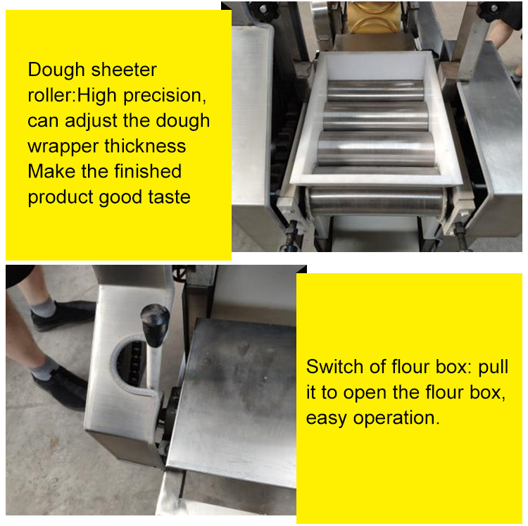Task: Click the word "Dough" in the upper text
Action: pyautogui.click(x=56, y=70)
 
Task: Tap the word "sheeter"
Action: pyautogui.click(x=124, y=70)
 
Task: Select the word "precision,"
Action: pyautogui.click(x=165, y=96)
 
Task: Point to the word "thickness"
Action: pyautogui.click(x=145, y=146)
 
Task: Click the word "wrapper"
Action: pyautogui.click(x=63, y=147)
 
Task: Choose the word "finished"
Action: pyautogui.click(x=148, y=171)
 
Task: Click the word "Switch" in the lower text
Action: pyautogui.click(x=334, y=366)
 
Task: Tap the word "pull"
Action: pyautogui.click(x=494, y=368)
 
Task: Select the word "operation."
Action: pyautogui.click(x=396, y=418)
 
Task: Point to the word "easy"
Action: pyautogui.click(x=326, y=419)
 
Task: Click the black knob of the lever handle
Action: pyautogui.click(x=155, y=325)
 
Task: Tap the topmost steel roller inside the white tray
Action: pyautogui.click(x=375, y=90)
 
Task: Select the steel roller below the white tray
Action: pyautogui.click(x=377, y=201)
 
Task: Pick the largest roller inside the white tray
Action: pyautogui.click(x=376, y=149)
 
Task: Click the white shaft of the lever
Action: pyautogui.click(x=153, y=367)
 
